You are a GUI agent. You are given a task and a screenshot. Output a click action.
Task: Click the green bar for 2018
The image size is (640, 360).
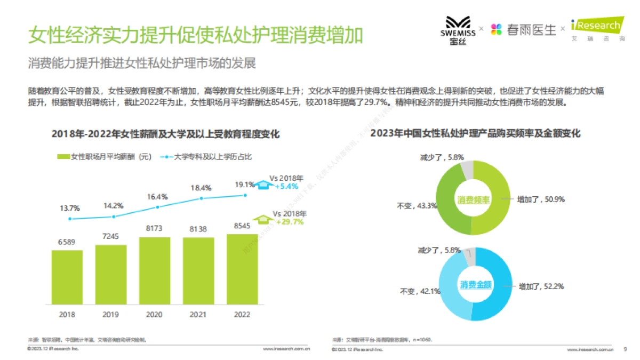coord(67,277)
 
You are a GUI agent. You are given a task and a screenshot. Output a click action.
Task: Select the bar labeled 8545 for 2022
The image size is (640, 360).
coord(242,269)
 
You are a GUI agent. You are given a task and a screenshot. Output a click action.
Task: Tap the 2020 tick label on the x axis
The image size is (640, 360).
coord(154,314)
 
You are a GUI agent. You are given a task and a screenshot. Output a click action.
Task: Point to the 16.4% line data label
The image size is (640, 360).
coord(157,196)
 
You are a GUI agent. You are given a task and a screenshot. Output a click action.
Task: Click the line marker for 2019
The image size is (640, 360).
coord(114,217)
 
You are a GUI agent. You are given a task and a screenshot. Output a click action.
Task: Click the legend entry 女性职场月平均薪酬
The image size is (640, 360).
coord(105,157)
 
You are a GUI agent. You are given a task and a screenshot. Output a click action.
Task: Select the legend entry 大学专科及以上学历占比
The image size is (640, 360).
coord(212,157)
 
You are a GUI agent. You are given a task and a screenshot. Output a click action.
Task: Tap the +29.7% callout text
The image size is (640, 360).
coord(290,221)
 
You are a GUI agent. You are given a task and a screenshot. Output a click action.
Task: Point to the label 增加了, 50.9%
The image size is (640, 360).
coord(540,199)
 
